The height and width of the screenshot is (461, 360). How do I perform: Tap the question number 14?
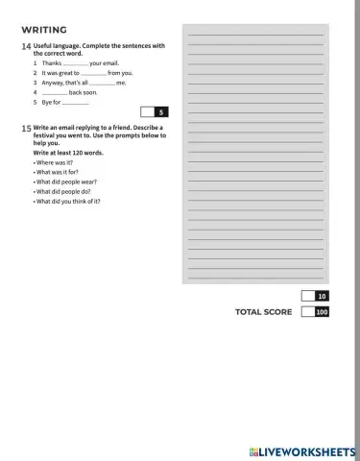pyautogui.click(x=25, y=46)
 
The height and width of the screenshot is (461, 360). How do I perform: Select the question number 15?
pyautogui.click(x=25, y=128)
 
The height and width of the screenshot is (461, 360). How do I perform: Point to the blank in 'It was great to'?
pyautogui.click(x=93, y=73)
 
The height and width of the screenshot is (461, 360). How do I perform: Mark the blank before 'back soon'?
pyautogui.click(x=55, y=92)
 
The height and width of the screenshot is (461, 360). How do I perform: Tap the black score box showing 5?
pyautogui.click(x=161, y=112)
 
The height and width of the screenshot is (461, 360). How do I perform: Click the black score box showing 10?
pyautogui.click(x=322, y=296)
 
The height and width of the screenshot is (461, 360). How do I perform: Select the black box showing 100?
pyautogui.click(x=322, y=312)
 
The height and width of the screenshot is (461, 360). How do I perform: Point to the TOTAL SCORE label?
pyautogui.click(x=263, y=312)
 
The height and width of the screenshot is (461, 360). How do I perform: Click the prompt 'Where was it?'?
pyautogui.click(x=54, y=162)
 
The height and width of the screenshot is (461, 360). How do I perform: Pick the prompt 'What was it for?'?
pyautogui.click(x=58, y=172)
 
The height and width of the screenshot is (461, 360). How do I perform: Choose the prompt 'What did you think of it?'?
pyautogui.click(x=68, y=201)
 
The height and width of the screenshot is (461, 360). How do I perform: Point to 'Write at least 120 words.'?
pyautogui.click(x=69, y=153)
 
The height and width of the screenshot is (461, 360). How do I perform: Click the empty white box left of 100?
pyautogui.click(x=306, y=312)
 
